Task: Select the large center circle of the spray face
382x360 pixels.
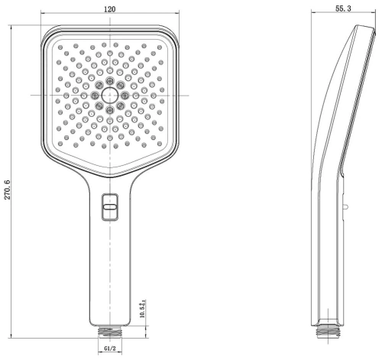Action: coord(111,95)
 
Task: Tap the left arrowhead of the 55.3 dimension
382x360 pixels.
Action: coord(316,15)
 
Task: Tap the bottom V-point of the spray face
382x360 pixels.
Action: coord(111,167)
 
